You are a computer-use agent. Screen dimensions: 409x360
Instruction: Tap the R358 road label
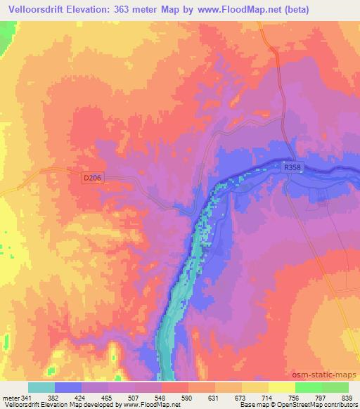pos(292,168)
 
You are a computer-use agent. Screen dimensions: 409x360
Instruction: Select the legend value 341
pos(27,397)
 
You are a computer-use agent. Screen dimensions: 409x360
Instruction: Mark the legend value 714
pos(269,397)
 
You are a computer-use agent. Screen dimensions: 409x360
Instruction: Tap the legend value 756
pos(296,397)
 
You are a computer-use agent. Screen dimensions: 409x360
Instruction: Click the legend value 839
pos(349,397)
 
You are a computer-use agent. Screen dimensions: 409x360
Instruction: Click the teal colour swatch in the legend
pos(41,387)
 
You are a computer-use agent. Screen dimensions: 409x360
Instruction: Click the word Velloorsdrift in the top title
pos(39,9)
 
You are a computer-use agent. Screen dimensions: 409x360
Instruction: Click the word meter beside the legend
pos(11,397)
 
